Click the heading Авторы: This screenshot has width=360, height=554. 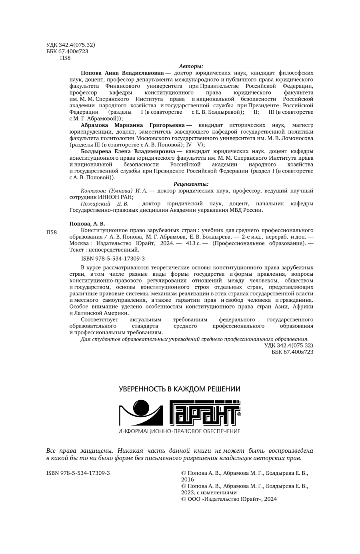pos(191,66)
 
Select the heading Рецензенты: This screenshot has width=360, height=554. pos(191,184)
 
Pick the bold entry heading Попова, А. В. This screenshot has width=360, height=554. pos(87,224)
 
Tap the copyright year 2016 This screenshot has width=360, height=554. pos(188,479)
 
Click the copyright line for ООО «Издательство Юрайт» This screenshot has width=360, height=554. pos(229,499)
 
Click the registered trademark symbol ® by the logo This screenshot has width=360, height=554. pos(239,415)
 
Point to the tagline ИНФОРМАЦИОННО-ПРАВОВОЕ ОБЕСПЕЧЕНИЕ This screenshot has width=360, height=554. pos(179,431)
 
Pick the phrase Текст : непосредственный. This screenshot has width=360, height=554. pos(104,250)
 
